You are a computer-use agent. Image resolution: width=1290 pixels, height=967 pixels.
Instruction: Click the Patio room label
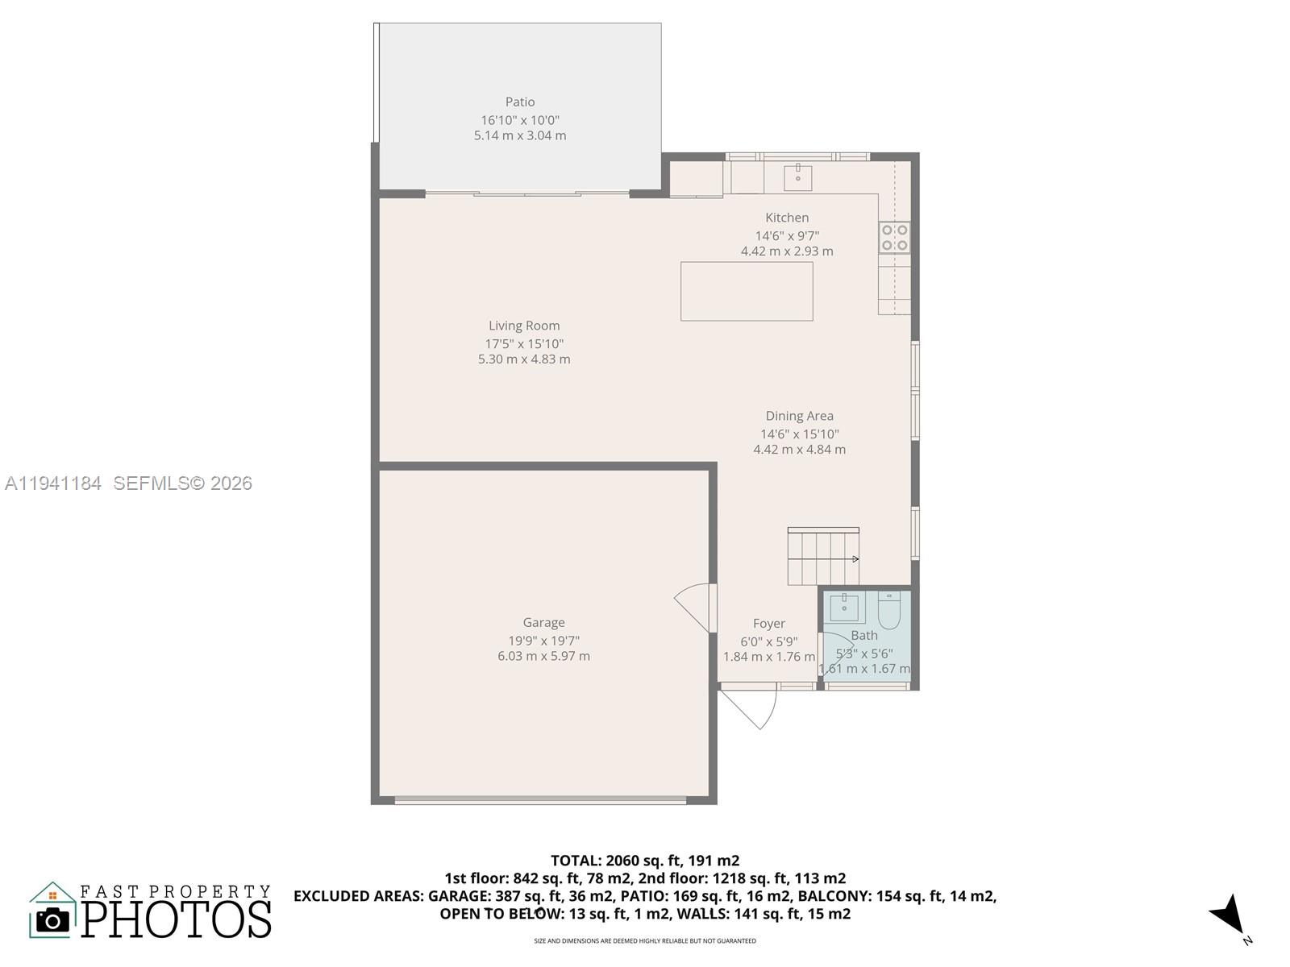coord(520,102)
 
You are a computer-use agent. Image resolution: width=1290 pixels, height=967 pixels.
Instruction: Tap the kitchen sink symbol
coord(797,177)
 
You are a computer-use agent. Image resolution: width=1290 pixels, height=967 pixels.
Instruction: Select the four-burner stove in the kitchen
coord(894,237)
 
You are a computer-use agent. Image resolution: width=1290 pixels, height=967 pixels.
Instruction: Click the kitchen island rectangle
coord(747,291)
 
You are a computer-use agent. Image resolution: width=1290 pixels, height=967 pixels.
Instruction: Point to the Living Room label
coord(524,326)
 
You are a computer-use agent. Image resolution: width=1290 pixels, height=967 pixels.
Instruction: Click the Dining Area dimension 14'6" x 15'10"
coord(800,434)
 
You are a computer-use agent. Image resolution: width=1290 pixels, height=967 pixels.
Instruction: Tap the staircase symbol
coord(823,556)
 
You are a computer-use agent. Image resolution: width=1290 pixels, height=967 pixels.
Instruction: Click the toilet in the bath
coord(888,611)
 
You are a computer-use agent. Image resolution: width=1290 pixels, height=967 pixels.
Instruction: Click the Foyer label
coord(769,623)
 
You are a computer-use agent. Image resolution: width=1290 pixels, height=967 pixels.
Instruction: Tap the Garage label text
coord(543,622)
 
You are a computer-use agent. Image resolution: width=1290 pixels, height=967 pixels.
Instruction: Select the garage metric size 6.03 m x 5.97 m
coord(543,656)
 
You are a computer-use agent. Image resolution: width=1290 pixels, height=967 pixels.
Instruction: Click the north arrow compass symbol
coord(1228,916)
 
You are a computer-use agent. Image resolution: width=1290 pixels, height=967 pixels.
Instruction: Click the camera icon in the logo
coord(53,919)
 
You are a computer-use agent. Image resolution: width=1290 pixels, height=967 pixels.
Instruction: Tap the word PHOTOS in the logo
coord(177,919)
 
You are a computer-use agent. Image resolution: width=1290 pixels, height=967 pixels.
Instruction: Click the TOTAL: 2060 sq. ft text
coord(644,860)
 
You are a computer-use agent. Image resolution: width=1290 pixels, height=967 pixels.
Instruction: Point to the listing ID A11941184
coord(53,483)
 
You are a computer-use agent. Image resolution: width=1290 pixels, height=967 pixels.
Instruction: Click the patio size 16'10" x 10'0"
coord(520,119)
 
